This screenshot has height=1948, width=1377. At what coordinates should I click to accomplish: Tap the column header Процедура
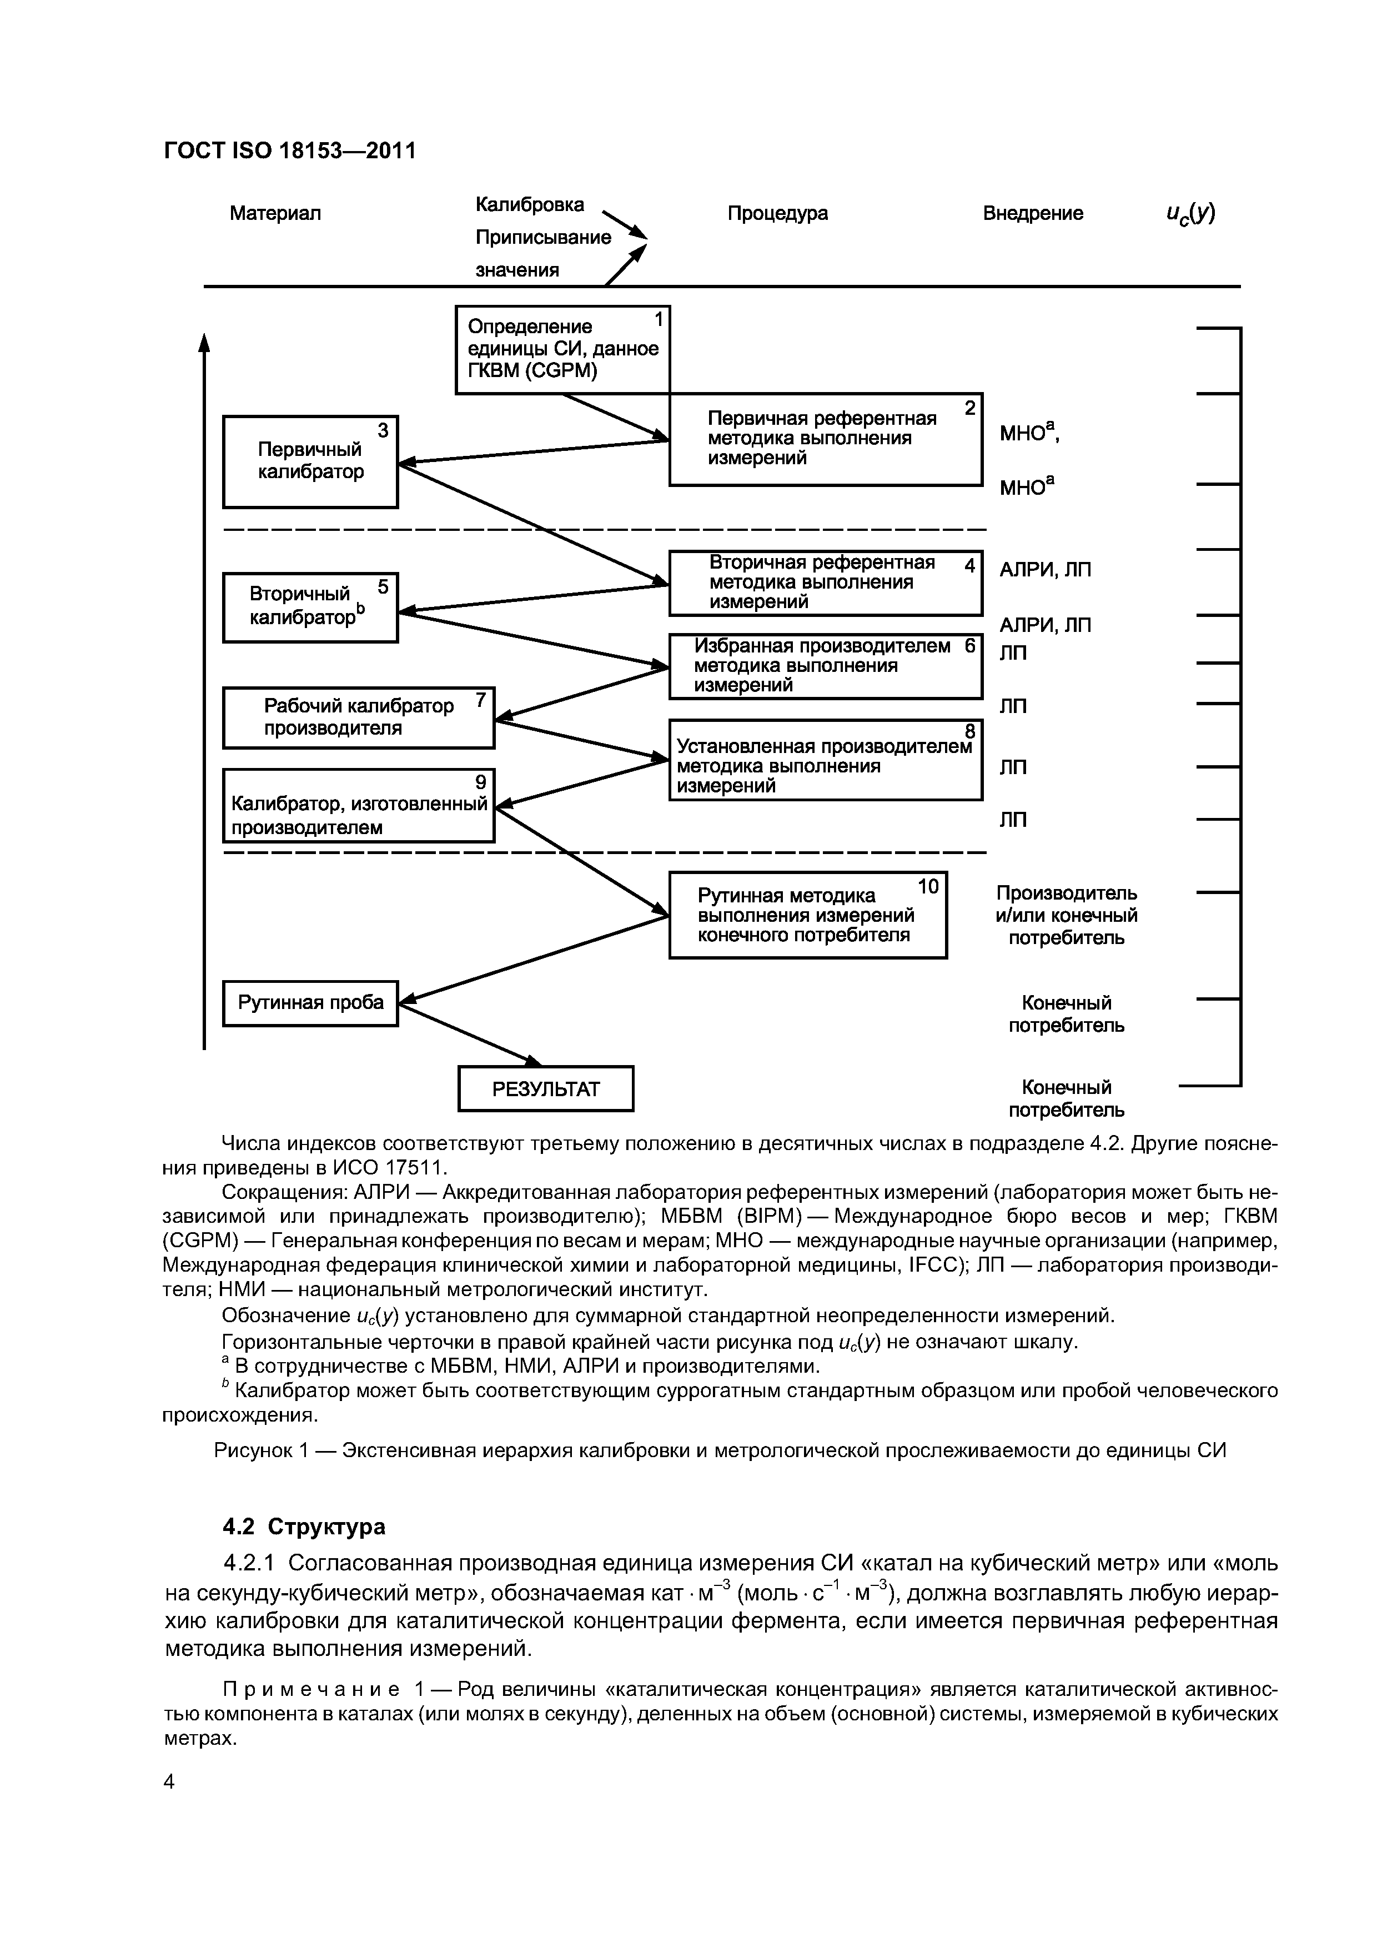pyautogui.click(x=777, y=213)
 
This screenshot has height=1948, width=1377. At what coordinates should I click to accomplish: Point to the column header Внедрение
pyautogui.click(x=1033, y=213)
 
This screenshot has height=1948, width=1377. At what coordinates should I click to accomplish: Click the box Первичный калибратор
pyautogui.click(x=310, y=461)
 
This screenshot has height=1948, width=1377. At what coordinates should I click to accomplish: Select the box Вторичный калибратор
pyautogui.click(x=310, y=608)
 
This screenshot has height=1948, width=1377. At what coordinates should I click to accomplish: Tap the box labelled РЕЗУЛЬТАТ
pyautogui.click(x=546, y=1088)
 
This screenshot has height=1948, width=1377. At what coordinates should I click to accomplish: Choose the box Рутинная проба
pyautogui.click(x=310, y=1003)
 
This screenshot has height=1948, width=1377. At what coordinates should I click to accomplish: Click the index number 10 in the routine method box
pyautogui.click(x=928, y=887)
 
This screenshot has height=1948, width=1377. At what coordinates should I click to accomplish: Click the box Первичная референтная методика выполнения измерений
pyautogui.click(x=825, y=439)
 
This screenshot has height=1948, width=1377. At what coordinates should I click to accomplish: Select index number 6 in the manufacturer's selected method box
pyautogui.click(x=970, y=646)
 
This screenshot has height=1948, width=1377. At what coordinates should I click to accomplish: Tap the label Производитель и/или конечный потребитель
pyautogui.click(x=1066, y=916)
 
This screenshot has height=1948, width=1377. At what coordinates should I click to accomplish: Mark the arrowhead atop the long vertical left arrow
pyautogui.click(x=204, y=341)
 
